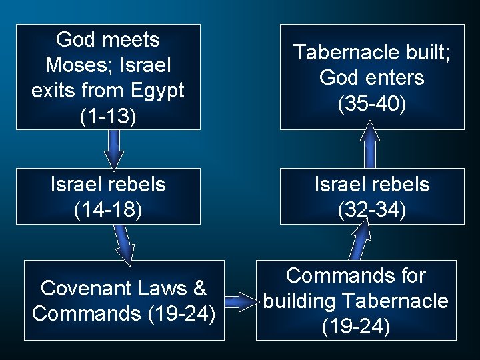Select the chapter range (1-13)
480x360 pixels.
click(x=108, y=117)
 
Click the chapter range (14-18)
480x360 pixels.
click(x=108, y=210)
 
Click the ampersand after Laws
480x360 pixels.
click(x=199, y=288)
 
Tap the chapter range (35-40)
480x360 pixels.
click(x=372, y=103)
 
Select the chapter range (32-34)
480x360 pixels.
click(x=372, y=210)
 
